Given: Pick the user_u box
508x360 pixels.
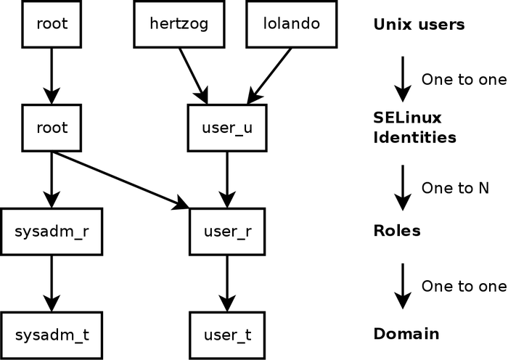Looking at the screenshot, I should (227, 128).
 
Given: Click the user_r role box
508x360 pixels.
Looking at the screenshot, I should (227, 232).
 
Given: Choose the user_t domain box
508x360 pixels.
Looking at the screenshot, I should (227, 335).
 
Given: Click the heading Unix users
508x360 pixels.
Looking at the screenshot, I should (418, 25).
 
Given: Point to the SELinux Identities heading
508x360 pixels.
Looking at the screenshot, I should (414, 127).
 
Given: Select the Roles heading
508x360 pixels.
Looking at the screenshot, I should (397, 231).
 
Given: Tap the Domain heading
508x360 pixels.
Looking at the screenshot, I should (406, 335).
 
